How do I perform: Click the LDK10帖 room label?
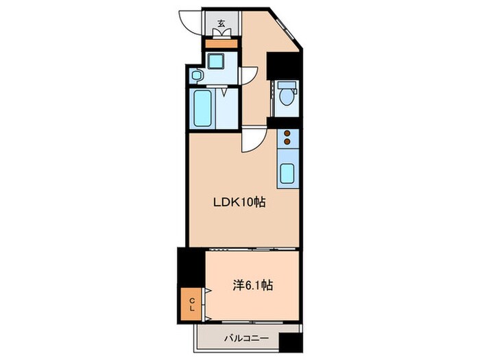pos(238,202)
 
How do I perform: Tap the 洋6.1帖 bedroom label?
pos(253,285)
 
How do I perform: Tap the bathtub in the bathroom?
pos(202,108)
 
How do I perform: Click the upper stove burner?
pos(287,134)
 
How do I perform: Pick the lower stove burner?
pos(287,144)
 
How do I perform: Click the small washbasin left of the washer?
pos(196,75)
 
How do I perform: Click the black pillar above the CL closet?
pos(187,267)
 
